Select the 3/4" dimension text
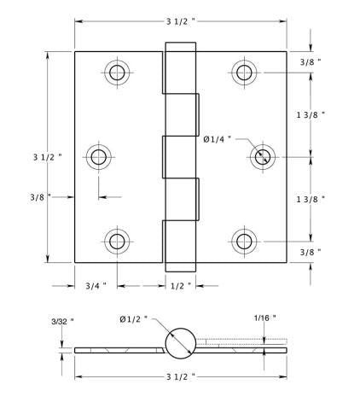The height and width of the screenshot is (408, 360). click(96, 286)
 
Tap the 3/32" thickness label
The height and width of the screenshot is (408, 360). click(61, 321)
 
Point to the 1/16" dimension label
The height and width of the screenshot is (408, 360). click(265, 318)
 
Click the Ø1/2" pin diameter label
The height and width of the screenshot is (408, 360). click(133, 318)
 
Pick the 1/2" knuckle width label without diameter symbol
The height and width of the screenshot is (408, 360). click(180, 286)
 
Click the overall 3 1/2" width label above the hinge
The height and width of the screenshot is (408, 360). click(179, 20)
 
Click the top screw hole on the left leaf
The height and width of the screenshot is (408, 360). click(117, 72)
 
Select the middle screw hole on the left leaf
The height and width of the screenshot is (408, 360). click(99, 156)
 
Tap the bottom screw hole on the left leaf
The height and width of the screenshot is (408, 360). click(117, 241)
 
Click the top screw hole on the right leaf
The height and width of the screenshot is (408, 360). click(245, 72)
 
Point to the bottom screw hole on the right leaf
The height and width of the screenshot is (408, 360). click(245, 241)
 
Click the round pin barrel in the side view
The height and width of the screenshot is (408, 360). click(180, 344)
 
